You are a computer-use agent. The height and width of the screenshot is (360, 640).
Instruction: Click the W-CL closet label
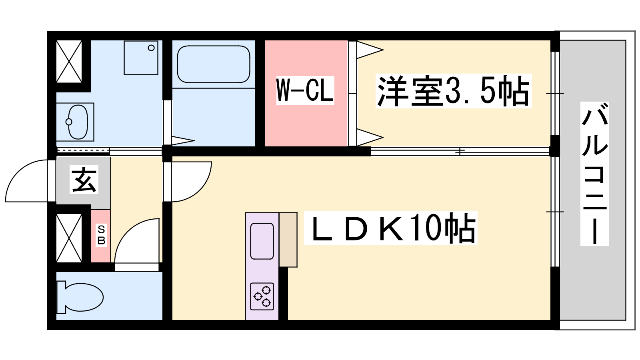point(305,90)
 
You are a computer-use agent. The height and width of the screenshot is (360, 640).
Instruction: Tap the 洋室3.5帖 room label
point(454,91)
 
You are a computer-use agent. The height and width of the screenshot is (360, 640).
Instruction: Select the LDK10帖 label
point(390,228)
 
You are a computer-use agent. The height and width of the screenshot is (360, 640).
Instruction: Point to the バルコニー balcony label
point(594,174)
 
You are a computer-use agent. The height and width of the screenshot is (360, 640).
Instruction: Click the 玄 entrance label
point(84,180)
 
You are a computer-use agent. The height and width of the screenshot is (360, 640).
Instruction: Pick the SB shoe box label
point(101,235)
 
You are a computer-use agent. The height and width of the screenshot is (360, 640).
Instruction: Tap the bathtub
point(214,64)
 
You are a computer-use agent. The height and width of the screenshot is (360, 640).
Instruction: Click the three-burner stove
point(262,296)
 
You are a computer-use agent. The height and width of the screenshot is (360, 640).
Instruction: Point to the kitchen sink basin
point(262,242)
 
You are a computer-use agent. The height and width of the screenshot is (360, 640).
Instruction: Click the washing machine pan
point(141,58)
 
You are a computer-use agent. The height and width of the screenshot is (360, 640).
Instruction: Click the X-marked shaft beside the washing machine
point(69,62)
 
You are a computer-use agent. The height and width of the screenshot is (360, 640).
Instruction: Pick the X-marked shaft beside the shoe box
point(69,238)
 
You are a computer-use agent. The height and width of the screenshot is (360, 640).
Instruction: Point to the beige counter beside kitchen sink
point(288,240)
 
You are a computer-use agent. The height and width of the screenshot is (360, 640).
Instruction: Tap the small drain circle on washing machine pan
point(151,48)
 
